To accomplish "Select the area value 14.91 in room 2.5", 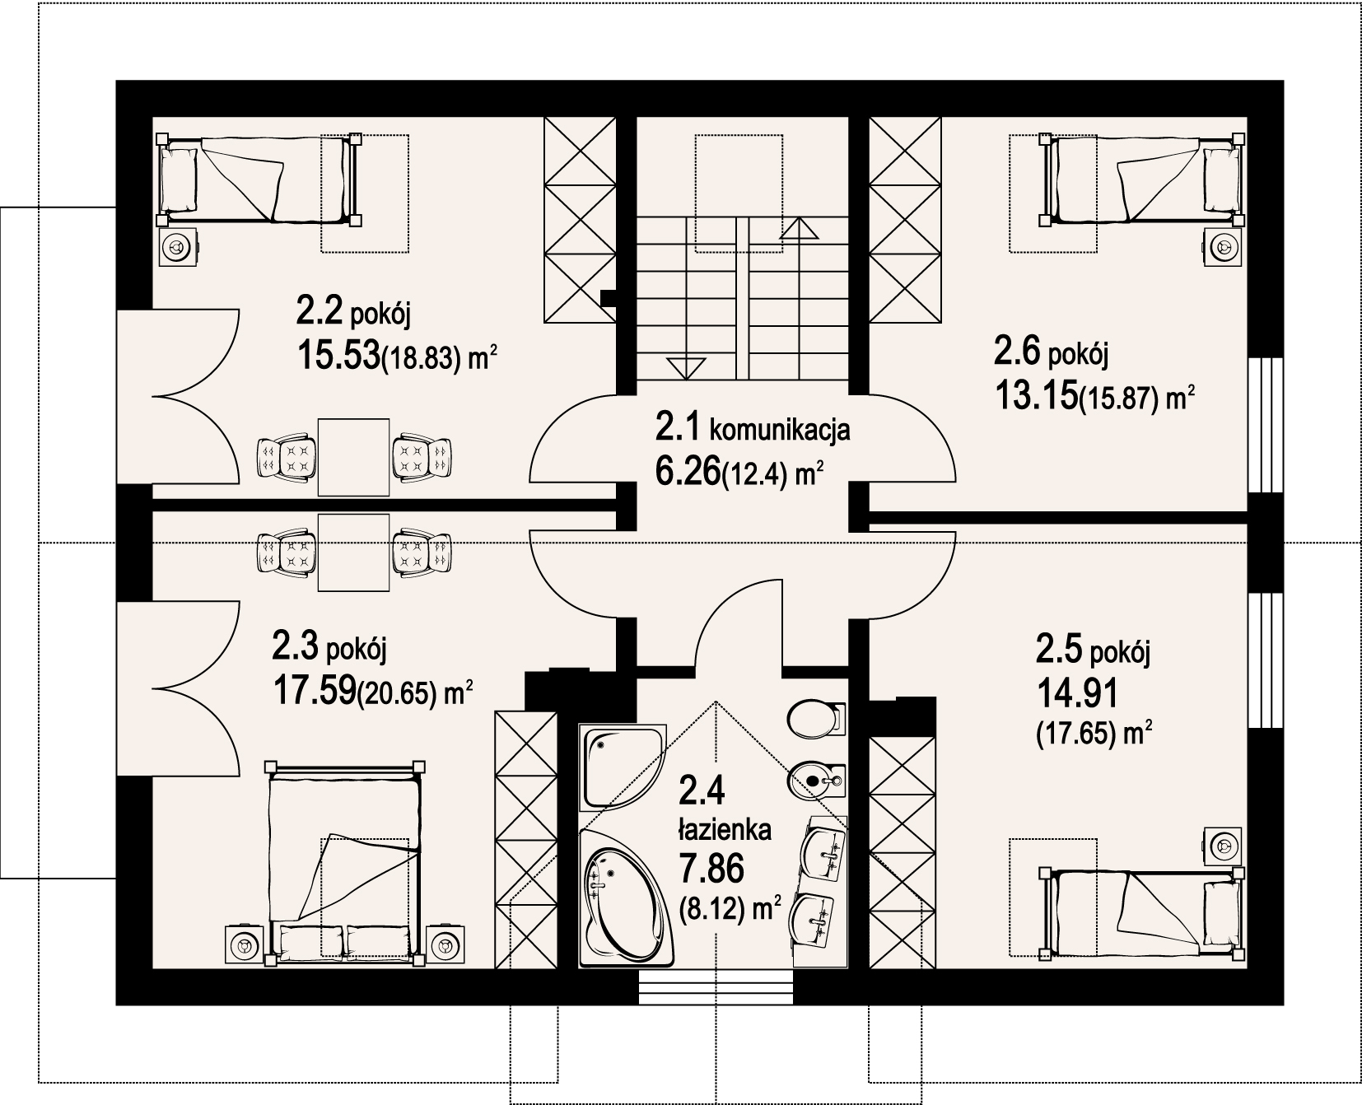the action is [1076, 694].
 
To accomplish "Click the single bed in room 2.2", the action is [259, 180].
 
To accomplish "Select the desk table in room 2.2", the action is [353, 457].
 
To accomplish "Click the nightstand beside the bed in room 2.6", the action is [1225, 246].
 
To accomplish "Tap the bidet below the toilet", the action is [817, 778].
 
